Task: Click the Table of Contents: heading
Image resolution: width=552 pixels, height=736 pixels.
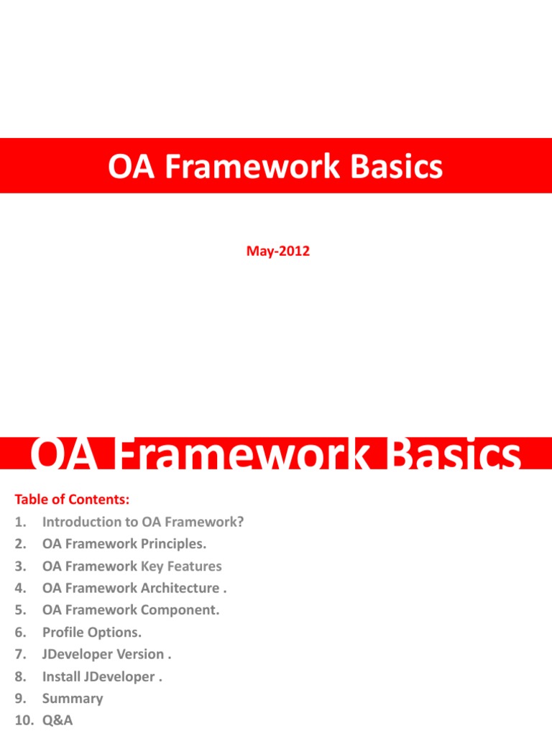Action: coord(71,499)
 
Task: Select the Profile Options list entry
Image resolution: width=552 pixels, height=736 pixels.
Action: coord(92,632)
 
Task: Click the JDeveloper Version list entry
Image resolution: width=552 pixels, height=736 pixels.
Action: coord(107,654)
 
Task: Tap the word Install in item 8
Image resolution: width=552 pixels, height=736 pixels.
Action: coord(60,676)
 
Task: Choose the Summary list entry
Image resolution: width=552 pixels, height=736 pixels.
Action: coord(73,699)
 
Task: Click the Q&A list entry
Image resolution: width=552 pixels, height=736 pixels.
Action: coord(57,720)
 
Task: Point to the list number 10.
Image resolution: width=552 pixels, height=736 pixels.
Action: coord(22,720)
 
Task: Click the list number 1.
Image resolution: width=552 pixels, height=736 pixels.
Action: coord(18,522)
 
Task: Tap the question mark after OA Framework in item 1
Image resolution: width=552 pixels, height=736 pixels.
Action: coord(241,522)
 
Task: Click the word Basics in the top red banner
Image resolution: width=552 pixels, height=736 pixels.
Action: coord(397,167)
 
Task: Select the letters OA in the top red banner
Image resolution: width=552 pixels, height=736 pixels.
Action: coord(127,167)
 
